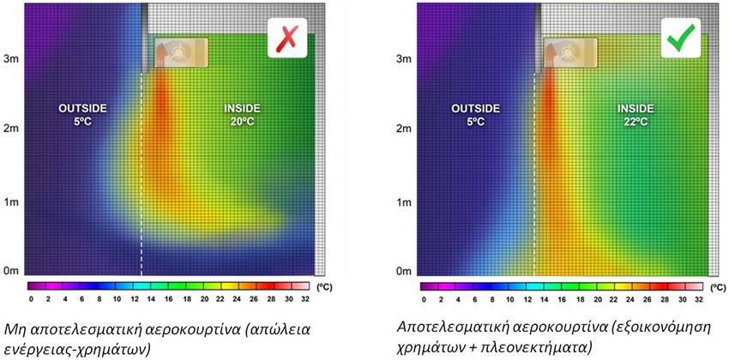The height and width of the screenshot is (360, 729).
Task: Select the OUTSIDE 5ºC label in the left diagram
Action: [82, 115]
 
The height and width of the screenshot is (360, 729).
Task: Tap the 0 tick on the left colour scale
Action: [31, 299]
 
